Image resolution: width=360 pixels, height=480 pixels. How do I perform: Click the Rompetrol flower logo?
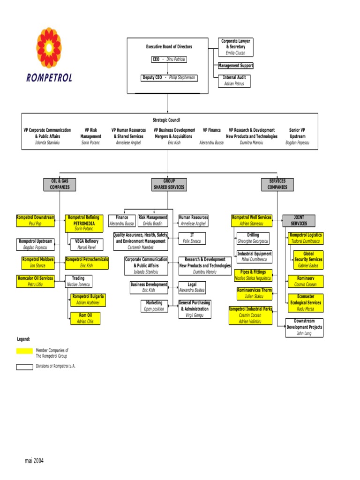(x=49, y=47)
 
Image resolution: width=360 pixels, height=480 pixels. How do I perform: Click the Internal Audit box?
(x=234, y=81)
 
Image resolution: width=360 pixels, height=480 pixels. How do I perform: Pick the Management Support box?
(x=235, y=66)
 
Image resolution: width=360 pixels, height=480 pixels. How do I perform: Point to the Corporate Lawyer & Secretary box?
(x=235, y=47)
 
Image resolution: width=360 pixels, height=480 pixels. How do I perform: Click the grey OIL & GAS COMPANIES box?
(x=60, y=184)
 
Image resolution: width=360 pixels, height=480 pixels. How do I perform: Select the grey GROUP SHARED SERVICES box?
(x=169, y=184)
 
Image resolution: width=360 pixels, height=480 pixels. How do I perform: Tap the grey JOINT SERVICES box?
(x=299, y=220)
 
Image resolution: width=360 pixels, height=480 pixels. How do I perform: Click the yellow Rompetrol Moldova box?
(x=38, y=262)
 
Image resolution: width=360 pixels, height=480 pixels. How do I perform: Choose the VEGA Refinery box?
(x=87, y=244)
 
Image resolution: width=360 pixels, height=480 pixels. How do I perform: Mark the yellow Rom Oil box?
(x=85, y=318)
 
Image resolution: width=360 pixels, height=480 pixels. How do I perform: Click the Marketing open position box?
(x=154, y=306)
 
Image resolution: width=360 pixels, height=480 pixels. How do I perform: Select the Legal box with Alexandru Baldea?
(x=192, y=287)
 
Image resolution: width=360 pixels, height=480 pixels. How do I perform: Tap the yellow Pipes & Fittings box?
(x=253, y=275)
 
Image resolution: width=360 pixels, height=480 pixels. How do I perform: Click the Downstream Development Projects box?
(x=304, y=327)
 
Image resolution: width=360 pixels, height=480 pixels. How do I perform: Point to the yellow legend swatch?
(x=24, y=351)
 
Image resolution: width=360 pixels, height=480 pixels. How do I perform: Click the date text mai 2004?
(x=34, y=461)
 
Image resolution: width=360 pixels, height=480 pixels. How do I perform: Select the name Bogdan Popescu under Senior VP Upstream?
(x=297, y=142)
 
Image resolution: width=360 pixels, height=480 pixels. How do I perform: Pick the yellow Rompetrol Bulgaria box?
(x=88, y=300)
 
